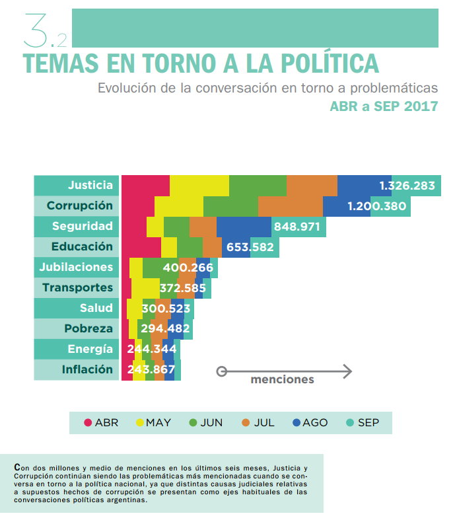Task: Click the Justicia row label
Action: point(90,186)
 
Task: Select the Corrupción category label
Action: point(80,206)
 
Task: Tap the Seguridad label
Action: point(83,227)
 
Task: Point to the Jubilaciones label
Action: point(76,268)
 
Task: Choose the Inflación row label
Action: point(87,370)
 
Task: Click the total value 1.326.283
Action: point(407,186)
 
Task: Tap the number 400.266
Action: point(188,268)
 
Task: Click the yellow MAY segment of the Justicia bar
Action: point(199,186)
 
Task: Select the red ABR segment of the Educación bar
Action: point(141,247)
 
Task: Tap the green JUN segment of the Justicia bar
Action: point(258,186)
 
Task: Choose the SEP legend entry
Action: point(363,423)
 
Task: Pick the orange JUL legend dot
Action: point(246,423)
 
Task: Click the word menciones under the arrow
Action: point(282,380)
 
